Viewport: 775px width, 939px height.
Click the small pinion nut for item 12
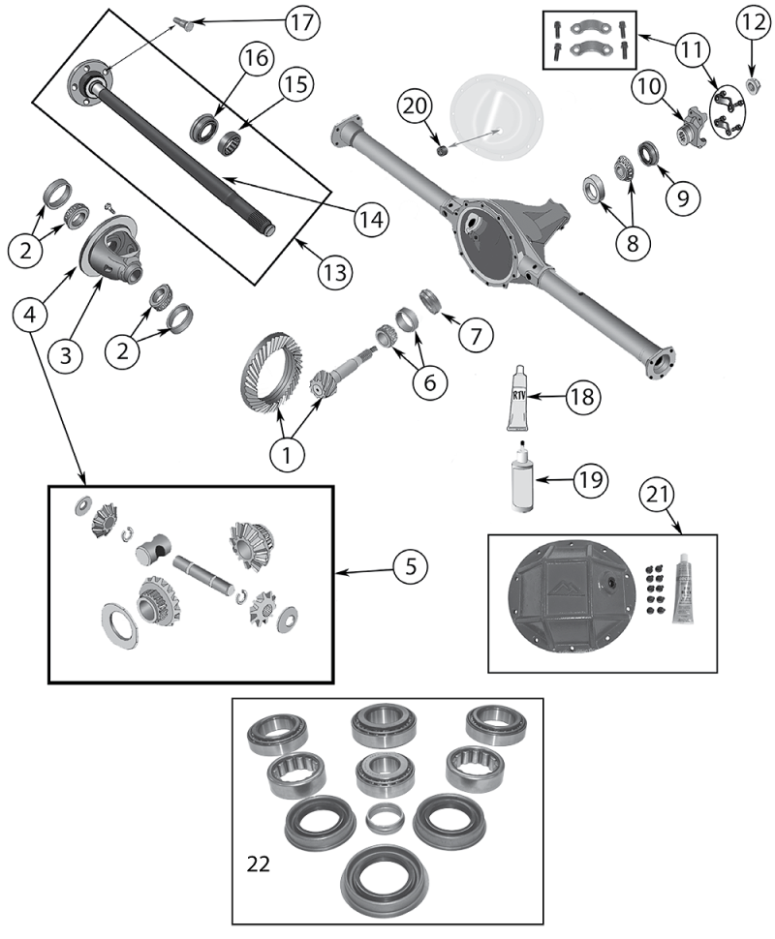point(752,86)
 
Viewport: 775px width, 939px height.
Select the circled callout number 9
point(682,197)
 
